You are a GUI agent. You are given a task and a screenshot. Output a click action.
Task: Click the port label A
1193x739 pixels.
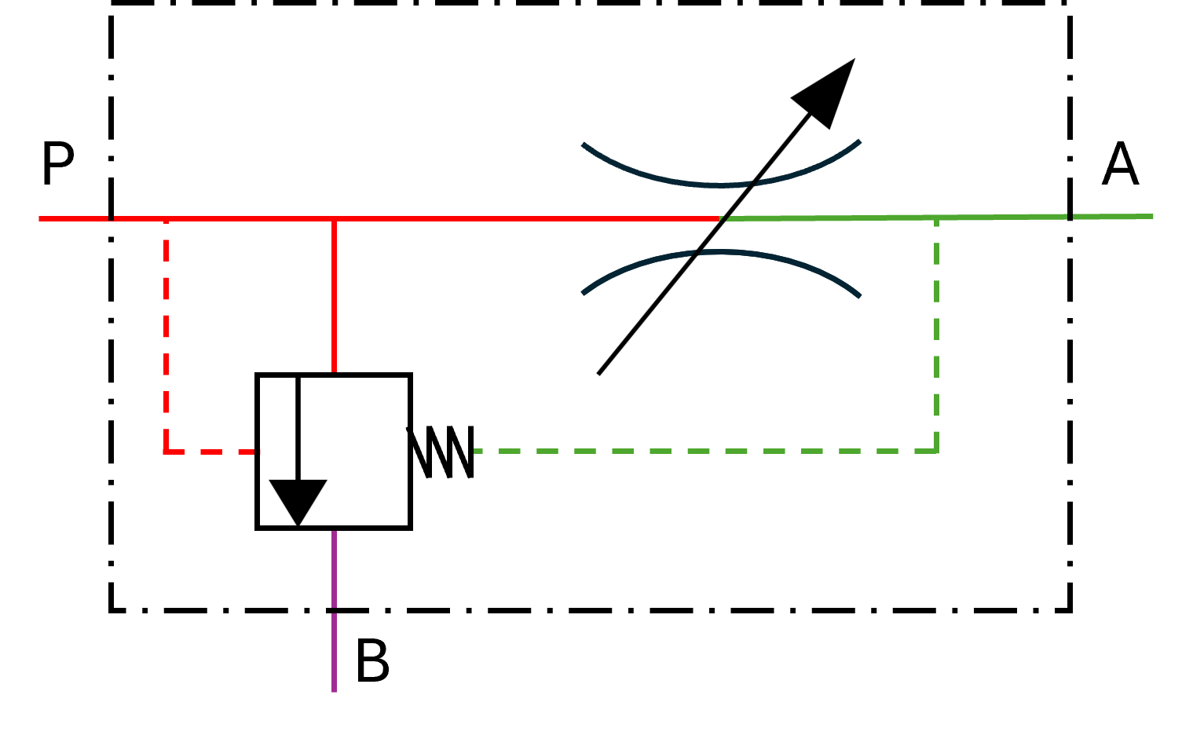click(x=1120, y=164)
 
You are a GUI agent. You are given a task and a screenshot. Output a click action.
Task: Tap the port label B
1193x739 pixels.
click(x=372, y=660)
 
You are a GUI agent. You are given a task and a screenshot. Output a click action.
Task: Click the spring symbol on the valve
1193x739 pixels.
click(x=441, y=452)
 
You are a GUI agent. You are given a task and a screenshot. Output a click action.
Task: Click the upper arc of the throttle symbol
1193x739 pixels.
click(x=721, y=177)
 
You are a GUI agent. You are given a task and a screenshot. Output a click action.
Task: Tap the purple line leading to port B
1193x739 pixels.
click(x=334, y=611)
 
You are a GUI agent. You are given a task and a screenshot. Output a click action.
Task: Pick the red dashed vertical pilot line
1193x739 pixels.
click(x=167, y=335)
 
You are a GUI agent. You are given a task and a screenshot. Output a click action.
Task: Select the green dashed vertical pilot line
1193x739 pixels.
click(x=936, y=335)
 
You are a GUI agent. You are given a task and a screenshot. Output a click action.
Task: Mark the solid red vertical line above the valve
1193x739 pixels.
click(x=334, y=296)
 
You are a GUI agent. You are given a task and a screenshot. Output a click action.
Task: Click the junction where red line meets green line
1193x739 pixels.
click(x=720, y=218)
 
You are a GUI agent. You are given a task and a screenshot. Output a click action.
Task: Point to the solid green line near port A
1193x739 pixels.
click(x=936, y=218)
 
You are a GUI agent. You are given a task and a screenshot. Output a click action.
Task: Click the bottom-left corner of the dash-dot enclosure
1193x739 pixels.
click(x=111, y=610)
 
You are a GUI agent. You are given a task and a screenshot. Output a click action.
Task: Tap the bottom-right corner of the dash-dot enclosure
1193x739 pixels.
click(x=1070, y=610)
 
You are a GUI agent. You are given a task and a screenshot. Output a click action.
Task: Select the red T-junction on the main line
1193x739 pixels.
click(x=334, y=218)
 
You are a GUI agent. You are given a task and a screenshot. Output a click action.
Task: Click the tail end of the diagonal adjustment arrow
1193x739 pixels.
click(x=598, y=374)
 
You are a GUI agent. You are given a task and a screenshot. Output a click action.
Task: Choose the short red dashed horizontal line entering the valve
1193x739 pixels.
click(x=211, y=452)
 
